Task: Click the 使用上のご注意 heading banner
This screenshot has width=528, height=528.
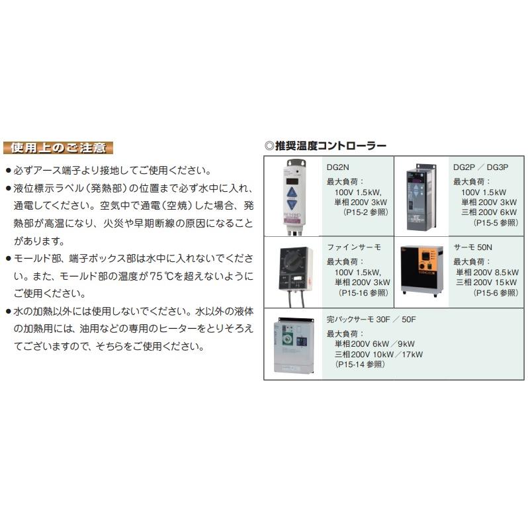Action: coord(58,147)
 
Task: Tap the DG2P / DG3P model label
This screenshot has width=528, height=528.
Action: coord(480,168)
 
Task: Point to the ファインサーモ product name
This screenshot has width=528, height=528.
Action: coord(354,247)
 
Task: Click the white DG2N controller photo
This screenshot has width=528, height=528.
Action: coord(294,196)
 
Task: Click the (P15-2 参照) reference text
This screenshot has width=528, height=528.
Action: coord(365,212)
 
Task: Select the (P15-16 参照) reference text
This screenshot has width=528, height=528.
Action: coord(364,292)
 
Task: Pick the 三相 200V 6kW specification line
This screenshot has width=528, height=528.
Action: coord(489,212)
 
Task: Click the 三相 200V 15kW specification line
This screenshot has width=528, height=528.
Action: coord(487,282)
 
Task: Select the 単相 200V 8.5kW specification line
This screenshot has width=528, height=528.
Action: coord(487,271)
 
